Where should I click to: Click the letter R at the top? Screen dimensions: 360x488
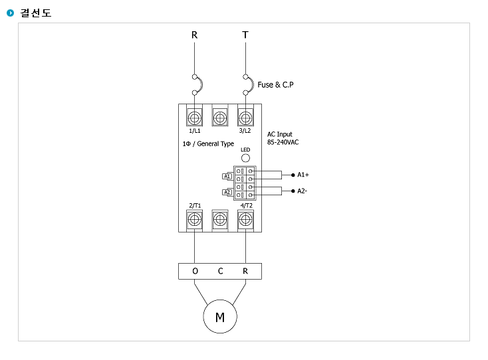tap(195, 35)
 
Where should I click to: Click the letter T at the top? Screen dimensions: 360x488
tap(245, 35)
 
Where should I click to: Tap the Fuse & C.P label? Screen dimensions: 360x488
tap(275, 85)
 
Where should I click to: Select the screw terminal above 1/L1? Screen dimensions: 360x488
tap(195, 118)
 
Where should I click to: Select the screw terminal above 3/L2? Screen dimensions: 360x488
tap(245, 118)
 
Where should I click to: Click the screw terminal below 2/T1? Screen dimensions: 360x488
tap(195, 219)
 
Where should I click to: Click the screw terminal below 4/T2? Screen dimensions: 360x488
tap(245, 219)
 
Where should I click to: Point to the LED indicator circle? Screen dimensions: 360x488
tap(245, 157)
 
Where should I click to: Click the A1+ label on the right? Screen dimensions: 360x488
tap(303, 175)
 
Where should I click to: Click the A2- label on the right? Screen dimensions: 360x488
tap(303, 191)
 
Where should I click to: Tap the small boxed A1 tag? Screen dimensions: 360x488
tap(227, 176)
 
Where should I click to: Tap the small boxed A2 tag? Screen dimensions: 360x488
tap(227, 193)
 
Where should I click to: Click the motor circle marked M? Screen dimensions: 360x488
tap(220, 317)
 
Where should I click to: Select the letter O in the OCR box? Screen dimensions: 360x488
tap(195, 271)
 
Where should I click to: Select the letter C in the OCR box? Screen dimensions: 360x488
tap(220, 271)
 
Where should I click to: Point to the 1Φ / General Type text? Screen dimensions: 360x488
tap(208, 143)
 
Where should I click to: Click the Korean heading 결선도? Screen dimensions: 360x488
tap(36, 13)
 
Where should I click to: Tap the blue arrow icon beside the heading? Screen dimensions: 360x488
tap(11, 13)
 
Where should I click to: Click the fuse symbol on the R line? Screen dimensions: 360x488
tap(197, 85)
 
